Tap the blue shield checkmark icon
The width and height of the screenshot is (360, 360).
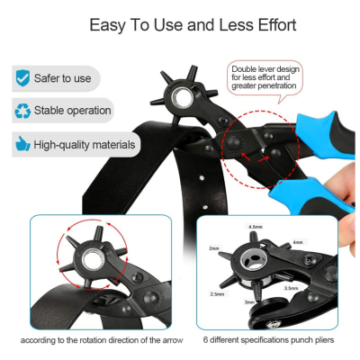(22, 78)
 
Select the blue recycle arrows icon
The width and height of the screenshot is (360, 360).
(22, 111)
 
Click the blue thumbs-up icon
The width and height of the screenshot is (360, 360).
(22, 144)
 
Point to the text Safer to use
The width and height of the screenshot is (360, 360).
(62, 78)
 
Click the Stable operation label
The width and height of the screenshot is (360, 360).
(72, 111)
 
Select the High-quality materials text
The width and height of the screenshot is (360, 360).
(85, 145)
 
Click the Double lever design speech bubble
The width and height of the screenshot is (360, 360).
(265, 78)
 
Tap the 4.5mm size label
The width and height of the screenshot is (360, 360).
(256, 227)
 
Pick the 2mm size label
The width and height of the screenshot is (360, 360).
(214, 248)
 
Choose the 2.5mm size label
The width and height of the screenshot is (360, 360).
(217, 294)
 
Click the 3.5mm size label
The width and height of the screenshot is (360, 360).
(292, 288)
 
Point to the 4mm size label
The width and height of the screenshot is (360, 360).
(298, 242)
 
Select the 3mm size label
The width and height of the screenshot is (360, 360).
(249, 302)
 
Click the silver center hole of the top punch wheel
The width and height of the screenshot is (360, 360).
(180, 98)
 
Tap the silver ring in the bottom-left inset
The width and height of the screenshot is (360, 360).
(94, 260)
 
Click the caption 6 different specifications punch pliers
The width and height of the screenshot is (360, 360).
(268, 340)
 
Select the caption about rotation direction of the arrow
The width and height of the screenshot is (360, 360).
(102, 340)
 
